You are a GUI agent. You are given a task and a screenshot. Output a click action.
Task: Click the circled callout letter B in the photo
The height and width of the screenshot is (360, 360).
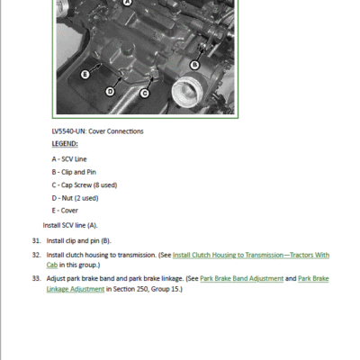click(x=194, y=65)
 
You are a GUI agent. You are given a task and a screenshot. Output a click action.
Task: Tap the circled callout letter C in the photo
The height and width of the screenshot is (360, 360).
click(x=145, y=94)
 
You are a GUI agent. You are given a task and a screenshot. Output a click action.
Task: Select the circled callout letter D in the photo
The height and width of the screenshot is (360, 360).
click(x=110, y=91)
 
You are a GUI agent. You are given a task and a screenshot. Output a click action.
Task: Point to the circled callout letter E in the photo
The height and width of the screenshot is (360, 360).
click(x=85, y=74)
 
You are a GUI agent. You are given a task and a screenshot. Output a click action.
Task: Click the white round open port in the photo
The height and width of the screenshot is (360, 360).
click(x=188, y=93)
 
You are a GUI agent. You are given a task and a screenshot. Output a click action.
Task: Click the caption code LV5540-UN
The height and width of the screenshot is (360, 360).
click(x=69, y=131)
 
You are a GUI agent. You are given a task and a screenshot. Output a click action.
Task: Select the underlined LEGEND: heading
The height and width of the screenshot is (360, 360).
click(x=65, y=144)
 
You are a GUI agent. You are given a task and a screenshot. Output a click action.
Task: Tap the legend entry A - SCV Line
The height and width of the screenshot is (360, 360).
click(x=69, y=159)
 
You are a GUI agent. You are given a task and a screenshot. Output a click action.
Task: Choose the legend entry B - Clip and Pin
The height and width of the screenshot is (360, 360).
click(x=74, y=172)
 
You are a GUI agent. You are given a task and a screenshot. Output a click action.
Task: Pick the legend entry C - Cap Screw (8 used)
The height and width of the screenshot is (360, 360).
click(x=85, y=185)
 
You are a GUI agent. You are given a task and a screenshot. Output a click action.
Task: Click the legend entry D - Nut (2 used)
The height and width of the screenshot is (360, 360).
click(x=75, y=198)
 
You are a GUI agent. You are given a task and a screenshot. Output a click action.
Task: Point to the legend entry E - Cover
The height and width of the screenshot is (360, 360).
click(x=65, y=211)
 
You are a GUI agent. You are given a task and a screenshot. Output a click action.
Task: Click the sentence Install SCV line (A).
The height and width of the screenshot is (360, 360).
click(x=70, y=225)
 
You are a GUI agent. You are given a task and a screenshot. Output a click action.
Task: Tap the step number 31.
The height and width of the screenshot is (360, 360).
click(x=36, y=241)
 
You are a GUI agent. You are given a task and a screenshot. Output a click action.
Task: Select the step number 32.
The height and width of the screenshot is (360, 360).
click(x=36, y=255)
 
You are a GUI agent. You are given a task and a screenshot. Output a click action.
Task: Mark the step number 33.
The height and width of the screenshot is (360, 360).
click(x=36, y=279)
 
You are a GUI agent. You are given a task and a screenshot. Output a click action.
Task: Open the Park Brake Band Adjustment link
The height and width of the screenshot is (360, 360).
click(x=242, y=279)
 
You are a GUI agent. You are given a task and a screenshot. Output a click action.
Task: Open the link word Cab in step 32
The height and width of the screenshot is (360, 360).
click(x=52, y=265)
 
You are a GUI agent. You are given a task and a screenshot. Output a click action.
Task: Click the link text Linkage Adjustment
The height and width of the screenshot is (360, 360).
click(x=76, y=289)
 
